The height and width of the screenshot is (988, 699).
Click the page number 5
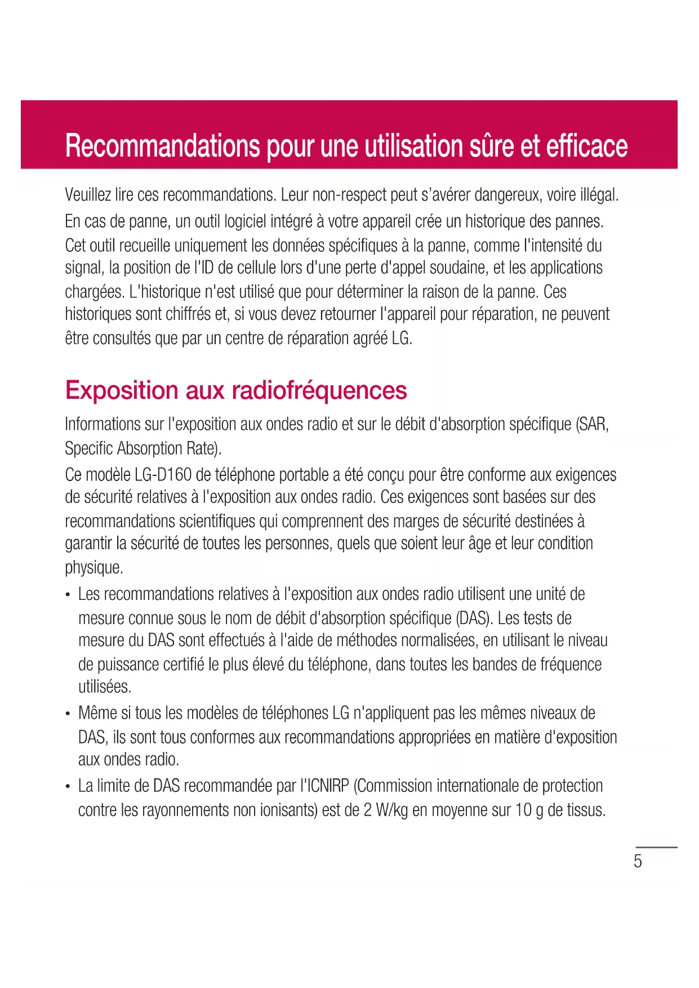(638, 861)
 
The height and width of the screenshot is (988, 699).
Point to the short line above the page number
(656, 847)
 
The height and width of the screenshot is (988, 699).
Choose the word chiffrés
(189, 314)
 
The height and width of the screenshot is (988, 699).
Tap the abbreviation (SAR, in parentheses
(593, 424)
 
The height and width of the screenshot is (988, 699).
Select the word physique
(94, 567)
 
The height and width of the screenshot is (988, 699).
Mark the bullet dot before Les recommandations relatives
(68, 595)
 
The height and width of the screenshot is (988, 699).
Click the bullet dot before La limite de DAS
(68, 787)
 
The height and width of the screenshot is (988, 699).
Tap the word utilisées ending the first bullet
(105, 687)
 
